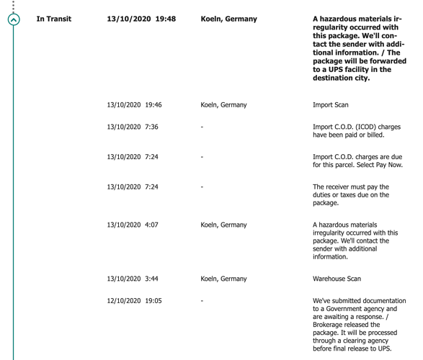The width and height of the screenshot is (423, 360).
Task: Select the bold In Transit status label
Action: tap(54, 19)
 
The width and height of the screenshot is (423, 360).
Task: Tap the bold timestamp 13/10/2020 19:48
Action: tap(141, 19)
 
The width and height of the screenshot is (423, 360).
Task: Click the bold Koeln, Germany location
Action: tap(228, 19)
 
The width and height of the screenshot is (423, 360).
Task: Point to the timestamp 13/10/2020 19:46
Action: tap(133, 105)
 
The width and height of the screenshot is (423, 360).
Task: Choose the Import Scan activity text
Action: tap(331, 105)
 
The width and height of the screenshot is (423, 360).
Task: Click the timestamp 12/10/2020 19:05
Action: tap(133, 301)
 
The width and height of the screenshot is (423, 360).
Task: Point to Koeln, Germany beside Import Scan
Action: tap(223, 105)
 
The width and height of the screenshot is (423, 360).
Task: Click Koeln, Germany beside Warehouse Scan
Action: tap(223, 278)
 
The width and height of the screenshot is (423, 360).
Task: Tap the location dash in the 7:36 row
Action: tap(202, 127)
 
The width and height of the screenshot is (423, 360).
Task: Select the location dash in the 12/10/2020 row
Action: tap(202, 301)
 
